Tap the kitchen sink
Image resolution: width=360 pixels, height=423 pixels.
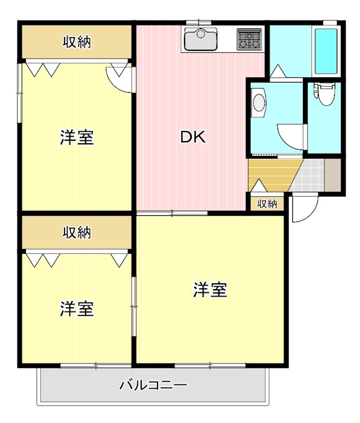(x=200, y=38)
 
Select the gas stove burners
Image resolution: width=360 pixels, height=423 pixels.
(x=249, y=38)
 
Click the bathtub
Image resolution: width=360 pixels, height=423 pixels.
(x=326, y=51)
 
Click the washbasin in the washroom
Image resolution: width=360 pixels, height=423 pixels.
(x=259, y=103)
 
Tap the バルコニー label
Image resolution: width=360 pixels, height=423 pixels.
(x=153, y=384)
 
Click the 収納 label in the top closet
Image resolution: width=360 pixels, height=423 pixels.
(x=77, y=42)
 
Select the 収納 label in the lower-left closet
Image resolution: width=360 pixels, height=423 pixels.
(x=77, y=232)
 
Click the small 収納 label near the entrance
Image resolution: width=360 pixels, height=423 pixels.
(x=267, y=204)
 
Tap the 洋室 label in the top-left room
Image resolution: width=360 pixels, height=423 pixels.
(x=77, y=137)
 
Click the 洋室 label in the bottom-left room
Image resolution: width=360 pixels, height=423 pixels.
(x=77, y=308)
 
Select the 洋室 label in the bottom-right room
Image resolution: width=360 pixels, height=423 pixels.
(x=210, y=289)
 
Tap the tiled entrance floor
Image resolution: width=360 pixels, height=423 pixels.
(x=309, y=176)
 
